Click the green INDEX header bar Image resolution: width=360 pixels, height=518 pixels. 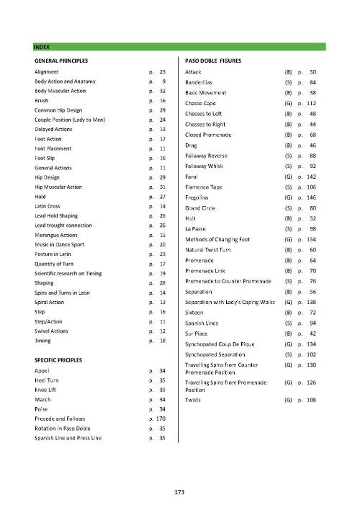(180, 47)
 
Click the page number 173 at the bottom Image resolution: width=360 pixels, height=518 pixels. (180, 492)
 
